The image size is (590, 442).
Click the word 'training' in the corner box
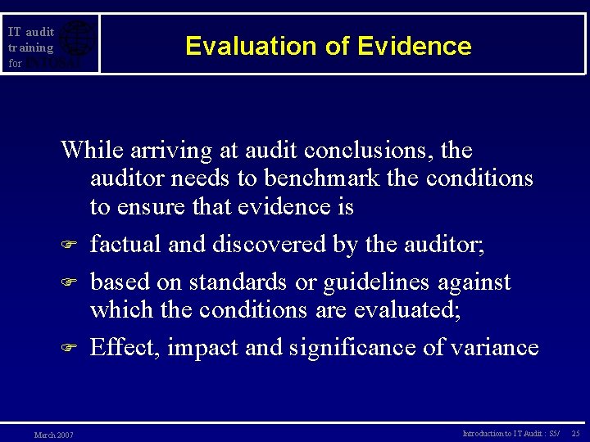coord(30,47)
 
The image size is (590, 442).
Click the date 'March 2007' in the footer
coord(53,435)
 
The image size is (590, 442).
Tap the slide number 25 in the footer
coord(575,433)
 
